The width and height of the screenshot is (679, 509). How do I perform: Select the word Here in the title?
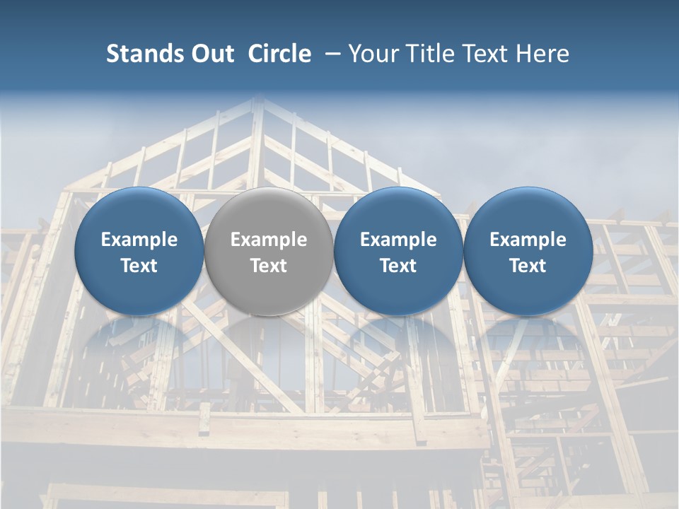543,54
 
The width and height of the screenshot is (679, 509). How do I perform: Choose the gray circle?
269,252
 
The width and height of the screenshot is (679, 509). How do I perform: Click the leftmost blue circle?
139,252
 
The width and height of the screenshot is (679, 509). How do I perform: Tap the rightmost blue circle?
528,252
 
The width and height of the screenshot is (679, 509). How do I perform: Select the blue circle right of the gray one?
398,252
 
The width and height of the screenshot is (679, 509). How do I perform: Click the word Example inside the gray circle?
269,240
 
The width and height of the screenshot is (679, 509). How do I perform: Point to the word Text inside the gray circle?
269,266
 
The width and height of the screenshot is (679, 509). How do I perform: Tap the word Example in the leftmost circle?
139,240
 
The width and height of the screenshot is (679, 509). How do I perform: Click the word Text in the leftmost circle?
139,266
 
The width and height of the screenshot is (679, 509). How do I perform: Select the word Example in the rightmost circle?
528,240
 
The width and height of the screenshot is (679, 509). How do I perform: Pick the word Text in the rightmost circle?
528,266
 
